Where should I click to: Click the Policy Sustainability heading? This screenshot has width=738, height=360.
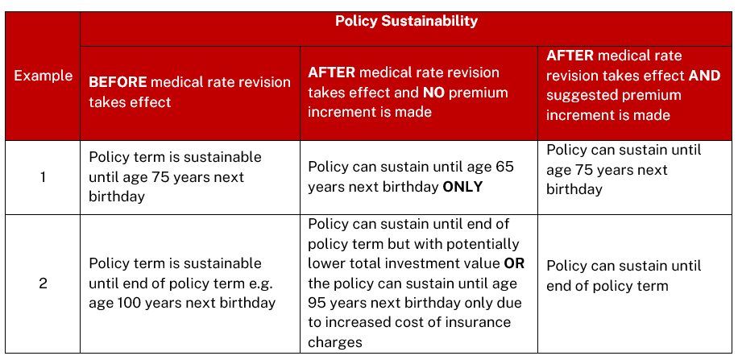(406, 21)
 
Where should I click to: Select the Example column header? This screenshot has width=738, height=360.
(43, 76)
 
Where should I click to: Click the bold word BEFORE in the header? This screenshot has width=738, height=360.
(118, 82)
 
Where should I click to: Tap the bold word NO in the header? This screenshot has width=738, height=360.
(434, 93)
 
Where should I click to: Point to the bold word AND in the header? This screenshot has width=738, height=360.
(704, 75)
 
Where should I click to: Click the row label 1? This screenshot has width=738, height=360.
(43, 178)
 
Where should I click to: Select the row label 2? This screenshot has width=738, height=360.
(43, 284)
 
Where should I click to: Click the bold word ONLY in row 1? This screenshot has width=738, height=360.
(462, 187)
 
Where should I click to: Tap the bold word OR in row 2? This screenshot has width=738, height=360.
(514, 263)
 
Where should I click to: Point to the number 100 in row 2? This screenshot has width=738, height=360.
(127, 302)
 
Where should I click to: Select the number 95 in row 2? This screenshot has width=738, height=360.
(318, 303)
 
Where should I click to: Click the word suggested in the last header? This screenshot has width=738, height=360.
(583, 95)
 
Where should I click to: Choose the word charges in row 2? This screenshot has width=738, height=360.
(335, 342)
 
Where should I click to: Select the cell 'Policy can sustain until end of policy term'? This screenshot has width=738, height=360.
(624, 275)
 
